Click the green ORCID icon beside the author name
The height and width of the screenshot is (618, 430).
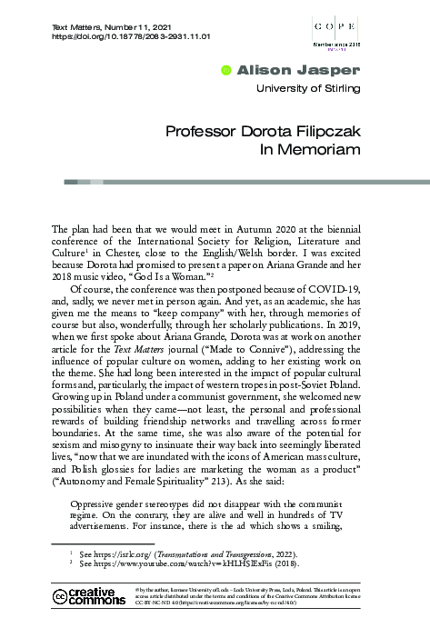226,69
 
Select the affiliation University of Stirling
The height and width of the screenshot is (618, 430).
309,88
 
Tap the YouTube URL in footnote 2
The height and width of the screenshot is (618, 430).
177,563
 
